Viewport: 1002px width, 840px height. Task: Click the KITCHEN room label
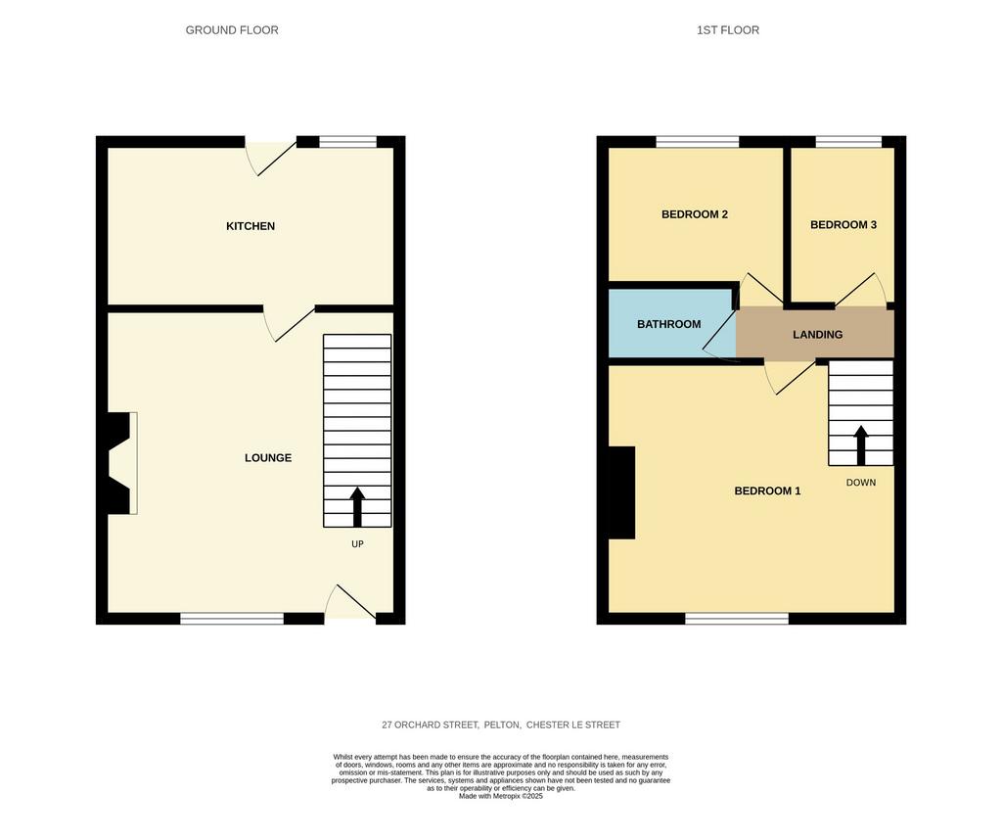(x=250, y=225)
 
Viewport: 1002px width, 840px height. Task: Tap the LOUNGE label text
(x=268, y=458)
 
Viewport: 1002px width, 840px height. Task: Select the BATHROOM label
(x=669, y=324)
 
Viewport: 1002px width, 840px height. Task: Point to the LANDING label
(x=817, y=335)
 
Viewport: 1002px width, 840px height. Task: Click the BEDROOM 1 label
(x=767, y=490)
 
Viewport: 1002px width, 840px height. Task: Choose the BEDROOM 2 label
(x=695, y=214)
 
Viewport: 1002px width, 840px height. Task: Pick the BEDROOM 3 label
(x=843, y=224)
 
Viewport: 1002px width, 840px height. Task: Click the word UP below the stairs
(x=357, y=544)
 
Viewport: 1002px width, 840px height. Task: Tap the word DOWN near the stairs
(x=861, y=483)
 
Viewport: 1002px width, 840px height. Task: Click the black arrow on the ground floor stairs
(x=357, y=507)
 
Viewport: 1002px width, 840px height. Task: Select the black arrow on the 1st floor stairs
(x=861, y=444)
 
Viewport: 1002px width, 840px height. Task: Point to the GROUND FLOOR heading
(x=232, y=30)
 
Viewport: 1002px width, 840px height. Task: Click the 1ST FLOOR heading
(x=728, y=30)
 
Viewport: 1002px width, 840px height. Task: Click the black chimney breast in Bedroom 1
(x=621, y=492)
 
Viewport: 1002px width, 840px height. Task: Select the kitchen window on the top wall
(x=347, y=142)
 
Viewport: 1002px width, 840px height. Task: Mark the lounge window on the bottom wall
(x=232, y=618)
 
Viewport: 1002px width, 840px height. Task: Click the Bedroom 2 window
(x=697, y=142)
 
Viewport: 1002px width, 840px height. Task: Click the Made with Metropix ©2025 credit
(x=501, y=797)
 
